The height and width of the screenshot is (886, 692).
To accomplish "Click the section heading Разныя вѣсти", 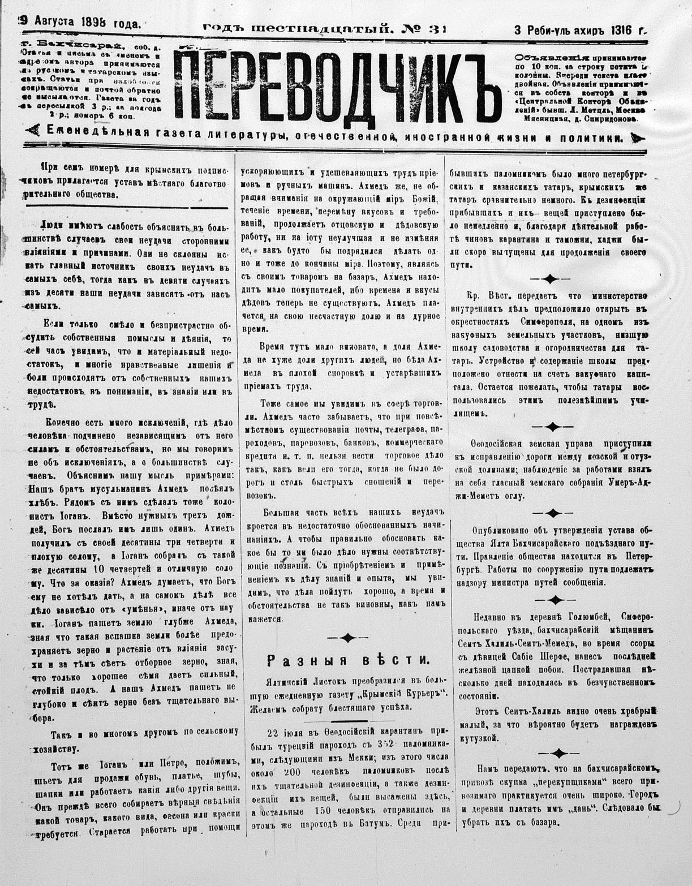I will (348, 659).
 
